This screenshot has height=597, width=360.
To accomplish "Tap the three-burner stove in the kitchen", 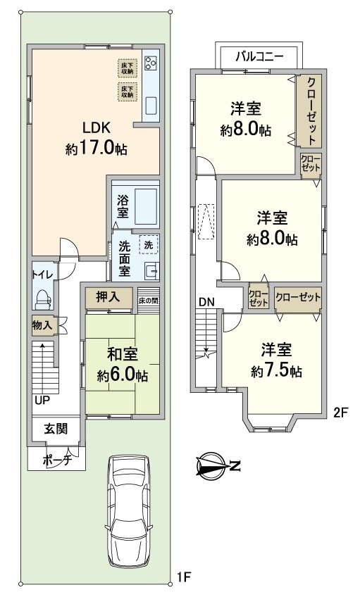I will [x=150, y=63].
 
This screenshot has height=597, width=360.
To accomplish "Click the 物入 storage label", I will [x=41, y=325].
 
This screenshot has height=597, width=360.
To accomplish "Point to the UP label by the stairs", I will [x=42, y=401].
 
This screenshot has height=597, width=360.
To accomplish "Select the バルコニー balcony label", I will [x=260, y=56].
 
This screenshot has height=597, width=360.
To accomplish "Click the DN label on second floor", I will [x=206, y=302].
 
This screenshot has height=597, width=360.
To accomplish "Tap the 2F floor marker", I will [x=340, y=413].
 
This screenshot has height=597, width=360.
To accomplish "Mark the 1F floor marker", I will [x=184, y=578].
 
